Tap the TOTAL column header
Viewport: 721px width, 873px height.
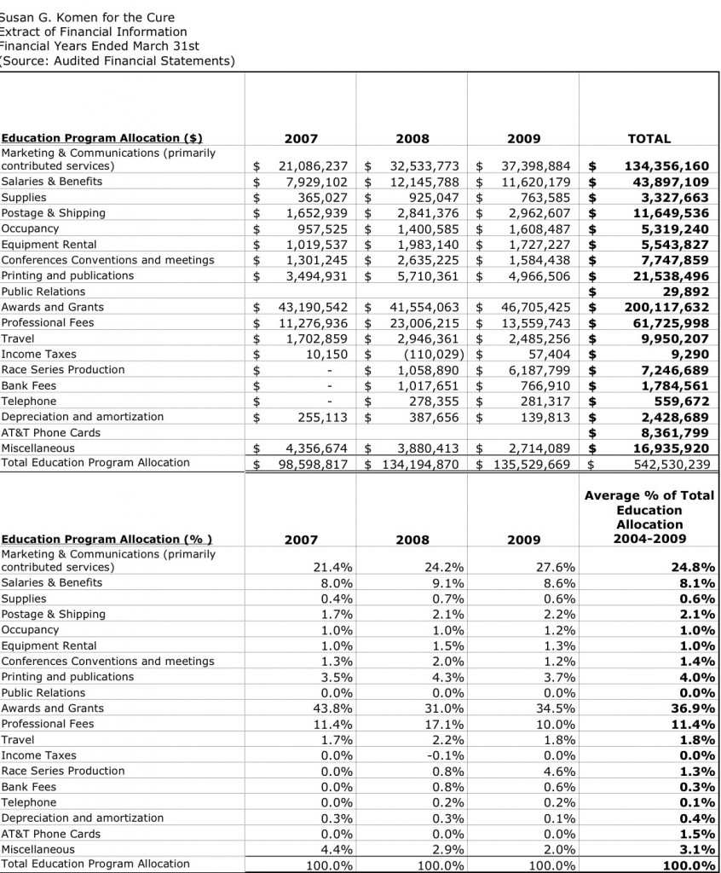coord(649,138)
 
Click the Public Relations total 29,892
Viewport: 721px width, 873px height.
coord(685,292)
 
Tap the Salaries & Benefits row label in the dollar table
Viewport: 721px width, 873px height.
coord(51,182)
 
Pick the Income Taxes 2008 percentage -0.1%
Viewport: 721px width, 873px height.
coord(447,755)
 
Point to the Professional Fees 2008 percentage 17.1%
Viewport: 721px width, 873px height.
coord(447,724)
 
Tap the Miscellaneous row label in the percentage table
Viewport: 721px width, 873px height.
coord(37,849)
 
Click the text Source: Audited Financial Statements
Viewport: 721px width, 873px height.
coord(118,61)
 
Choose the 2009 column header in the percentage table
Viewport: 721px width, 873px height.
coord(523,540)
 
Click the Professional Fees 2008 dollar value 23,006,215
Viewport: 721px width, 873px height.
coord(424,323)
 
